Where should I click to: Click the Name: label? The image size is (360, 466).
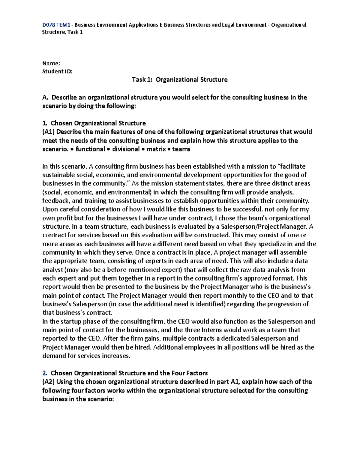51,63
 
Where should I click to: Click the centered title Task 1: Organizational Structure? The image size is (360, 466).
180,80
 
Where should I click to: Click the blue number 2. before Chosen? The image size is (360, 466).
45,373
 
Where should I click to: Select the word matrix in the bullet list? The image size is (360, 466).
156,149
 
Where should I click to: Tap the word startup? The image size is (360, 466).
71,321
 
